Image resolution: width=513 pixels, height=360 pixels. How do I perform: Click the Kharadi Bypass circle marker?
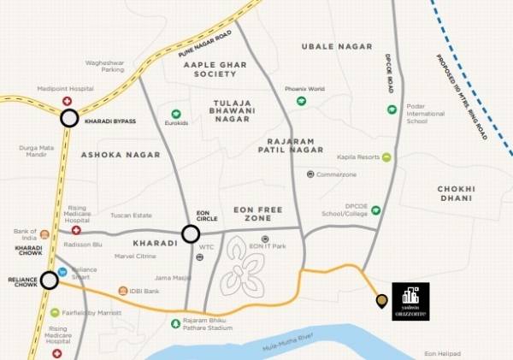coord(69,120)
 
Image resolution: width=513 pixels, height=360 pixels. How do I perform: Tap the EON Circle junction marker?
coord(191,233)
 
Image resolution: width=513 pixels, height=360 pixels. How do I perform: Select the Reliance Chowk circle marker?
coord(49,280)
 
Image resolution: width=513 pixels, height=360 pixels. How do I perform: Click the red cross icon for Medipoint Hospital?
coord(68,102)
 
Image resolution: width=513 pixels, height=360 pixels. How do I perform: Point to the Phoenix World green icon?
coord(301,101)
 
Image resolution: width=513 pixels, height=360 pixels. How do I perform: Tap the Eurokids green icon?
coord(175,114)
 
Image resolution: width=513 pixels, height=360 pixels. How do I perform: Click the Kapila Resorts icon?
coord(386,157)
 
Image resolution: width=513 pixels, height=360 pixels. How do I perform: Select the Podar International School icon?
coord(392,109)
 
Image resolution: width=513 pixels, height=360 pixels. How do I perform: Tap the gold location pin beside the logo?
coord(381,301)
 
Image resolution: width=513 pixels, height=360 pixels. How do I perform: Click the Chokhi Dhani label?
coord(455,193)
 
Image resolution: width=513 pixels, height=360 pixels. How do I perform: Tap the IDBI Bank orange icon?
coord(123,291)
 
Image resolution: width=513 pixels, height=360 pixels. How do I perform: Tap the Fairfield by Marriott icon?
coord(56,313)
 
